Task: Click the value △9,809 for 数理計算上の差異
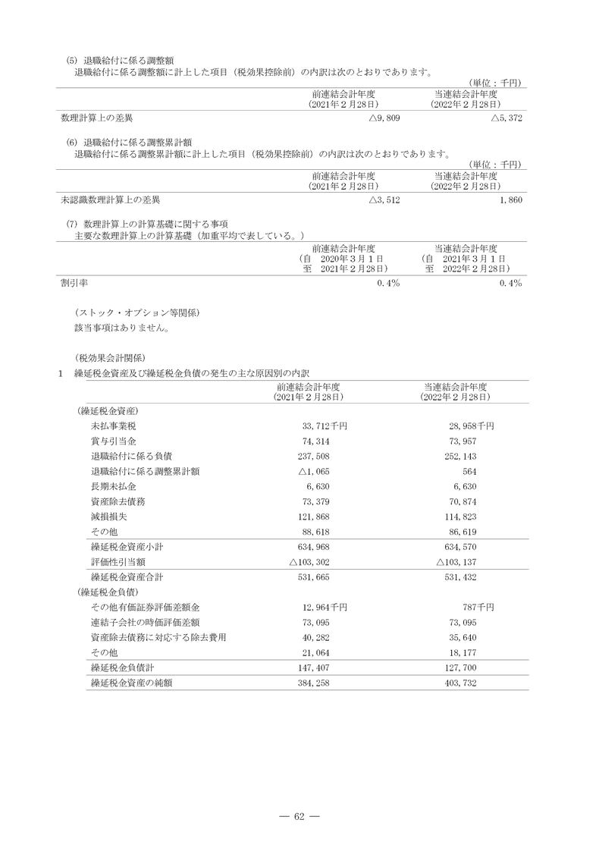point(384,118)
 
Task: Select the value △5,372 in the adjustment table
point(506,118)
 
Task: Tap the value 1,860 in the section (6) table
point(511,200)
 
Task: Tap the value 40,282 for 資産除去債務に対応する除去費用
point(315,636)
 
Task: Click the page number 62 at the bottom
point(299,816)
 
